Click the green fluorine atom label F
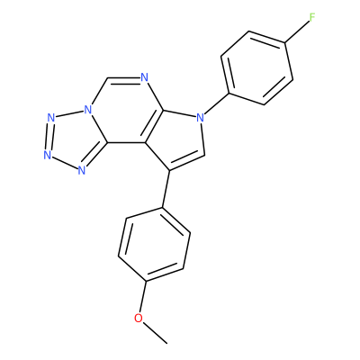[312, 18]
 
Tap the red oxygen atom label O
[139, 318]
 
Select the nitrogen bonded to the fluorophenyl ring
[200, 118]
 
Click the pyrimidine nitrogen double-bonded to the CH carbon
[145, 77]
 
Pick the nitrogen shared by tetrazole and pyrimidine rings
[87, 109]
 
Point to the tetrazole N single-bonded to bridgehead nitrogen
[51, 117]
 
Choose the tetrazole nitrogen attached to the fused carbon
[81, 170]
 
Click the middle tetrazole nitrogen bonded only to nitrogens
[47, 155]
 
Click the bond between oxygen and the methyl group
[155, 333]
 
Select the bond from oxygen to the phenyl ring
[142, 297]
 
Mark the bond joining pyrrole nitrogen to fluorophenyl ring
[216, 103]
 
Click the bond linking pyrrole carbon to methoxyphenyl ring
[166, 189]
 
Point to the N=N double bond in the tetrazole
[49, 136]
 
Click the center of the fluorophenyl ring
[257, 67]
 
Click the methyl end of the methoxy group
[167, 343]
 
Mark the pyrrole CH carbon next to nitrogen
[205, 156]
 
